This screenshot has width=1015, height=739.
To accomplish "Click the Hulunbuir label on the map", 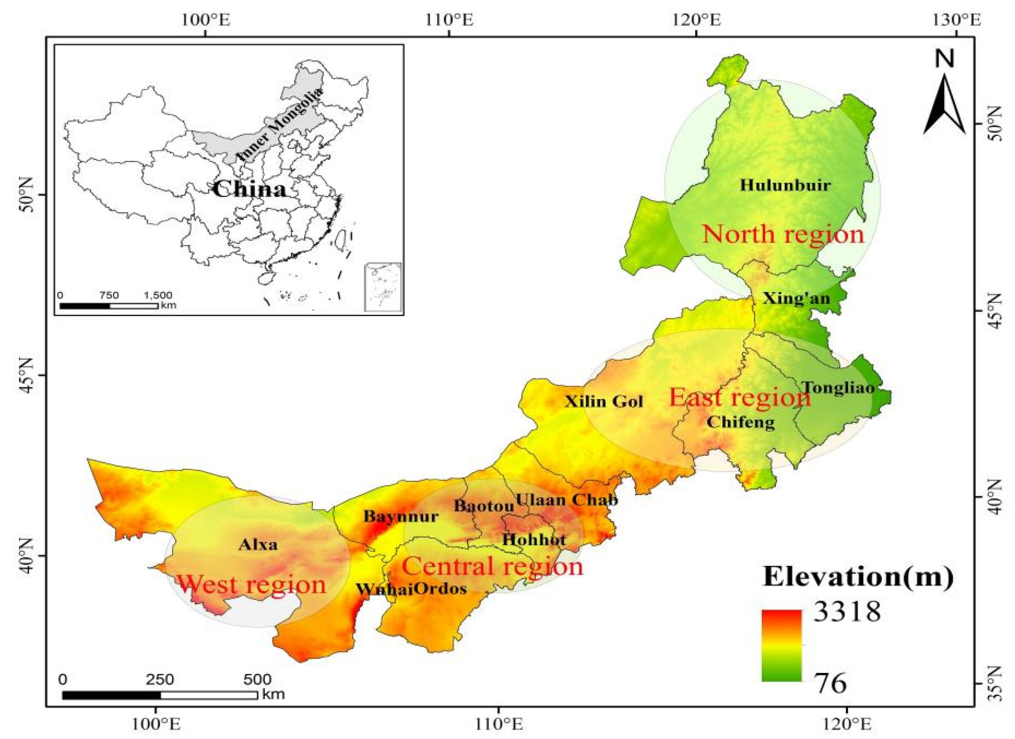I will click(x=785, y=185).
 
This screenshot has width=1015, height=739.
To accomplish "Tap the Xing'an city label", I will click(x=796, y=298).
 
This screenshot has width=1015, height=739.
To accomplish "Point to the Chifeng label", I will click(x=741, y=422).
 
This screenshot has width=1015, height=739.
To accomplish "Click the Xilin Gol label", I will click(x=604, y=402).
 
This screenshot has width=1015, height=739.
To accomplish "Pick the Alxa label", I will click(x=258, y=545).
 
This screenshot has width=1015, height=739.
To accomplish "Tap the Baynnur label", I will click(x=401, y=516).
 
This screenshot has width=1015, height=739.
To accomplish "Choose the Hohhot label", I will click(x=534, y=540).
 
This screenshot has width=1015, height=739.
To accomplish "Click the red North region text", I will click(x=783, y=234).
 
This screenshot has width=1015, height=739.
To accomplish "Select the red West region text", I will click(x=252, y=585).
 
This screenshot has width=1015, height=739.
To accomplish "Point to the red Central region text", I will click(x=492, y=566).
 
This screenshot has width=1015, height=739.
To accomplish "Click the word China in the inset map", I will click(x=249, y=189).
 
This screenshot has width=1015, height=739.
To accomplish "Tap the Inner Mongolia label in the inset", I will click(x=279, y=125).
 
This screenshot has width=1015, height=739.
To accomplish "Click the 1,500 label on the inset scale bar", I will click(x=157, y=296).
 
